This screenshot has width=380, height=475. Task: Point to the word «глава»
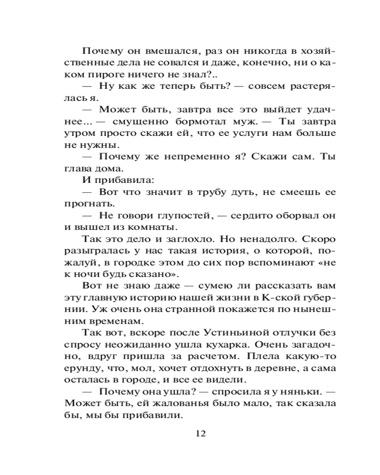click(76, 168)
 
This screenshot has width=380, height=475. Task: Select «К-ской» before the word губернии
click(273, 298)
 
